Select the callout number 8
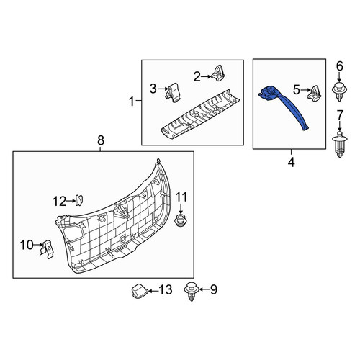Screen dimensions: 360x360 pos(101,140)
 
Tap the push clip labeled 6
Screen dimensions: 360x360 pos(339,91)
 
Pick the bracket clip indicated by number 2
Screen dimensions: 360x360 pos(218,73)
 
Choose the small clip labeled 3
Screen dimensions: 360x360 pos(173,93)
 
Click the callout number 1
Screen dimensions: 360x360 pos(132,102)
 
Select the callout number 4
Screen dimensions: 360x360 pos(291,163)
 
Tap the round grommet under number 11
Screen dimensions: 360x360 pos(181,220)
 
